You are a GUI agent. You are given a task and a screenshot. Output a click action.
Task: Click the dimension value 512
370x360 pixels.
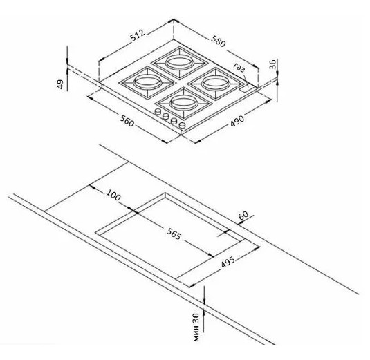click(x=138, y=36)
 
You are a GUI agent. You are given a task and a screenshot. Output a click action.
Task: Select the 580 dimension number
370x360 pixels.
click(x=219, y=41)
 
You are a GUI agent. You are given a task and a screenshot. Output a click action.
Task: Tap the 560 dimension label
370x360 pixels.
click(x=127, y=120)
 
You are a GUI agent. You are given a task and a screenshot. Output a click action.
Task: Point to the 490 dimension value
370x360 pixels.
click(x=237, y=121)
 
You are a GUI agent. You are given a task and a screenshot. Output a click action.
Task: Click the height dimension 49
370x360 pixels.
click(x=61, y=84)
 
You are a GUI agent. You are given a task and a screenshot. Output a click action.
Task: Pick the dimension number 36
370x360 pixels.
click(x=272, y=64)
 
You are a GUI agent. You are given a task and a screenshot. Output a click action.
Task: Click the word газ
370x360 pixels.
click(x=239, y=68)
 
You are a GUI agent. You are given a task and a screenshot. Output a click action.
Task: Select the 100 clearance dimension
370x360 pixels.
click(x=113, y=194)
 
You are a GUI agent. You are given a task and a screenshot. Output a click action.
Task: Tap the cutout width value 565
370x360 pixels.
click(x=174, y=233)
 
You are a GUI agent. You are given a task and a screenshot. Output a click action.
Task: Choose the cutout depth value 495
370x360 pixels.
click(x=228, y=262)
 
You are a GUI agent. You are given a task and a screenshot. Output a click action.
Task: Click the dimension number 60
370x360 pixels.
click(x=243, y=215)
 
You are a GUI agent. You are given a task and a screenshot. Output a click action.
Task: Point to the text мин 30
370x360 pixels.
click(x=196, y=328)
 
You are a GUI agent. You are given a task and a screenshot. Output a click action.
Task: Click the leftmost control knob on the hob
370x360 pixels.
click(x=158, y=111)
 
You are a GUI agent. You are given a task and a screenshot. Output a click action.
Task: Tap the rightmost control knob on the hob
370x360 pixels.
click(x=182, y=125)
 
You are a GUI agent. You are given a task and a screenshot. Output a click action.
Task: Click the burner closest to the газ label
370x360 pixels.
click(x=217, y=83)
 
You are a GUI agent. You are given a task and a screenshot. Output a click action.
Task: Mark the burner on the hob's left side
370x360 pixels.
click(x=148, y=82)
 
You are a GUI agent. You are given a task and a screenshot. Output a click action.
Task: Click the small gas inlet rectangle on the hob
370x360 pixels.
click(x=245, y=88)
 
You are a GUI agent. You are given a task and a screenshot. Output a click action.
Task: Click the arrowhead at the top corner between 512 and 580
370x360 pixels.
click(x=174, y=21)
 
